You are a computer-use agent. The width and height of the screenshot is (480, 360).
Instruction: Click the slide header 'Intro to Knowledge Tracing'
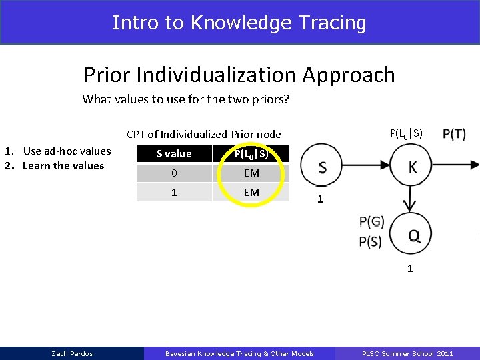(239, 23)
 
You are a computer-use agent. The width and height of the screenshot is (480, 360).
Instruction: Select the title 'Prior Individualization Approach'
(239, 75)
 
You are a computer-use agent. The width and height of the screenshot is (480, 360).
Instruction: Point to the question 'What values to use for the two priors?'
(185, 99)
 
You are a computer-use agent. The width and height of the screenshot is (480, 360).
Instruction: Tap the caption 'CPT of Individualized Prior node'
(203, 134)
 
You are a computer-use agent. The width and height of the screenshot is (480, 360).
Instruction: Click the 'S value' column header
(174, 154)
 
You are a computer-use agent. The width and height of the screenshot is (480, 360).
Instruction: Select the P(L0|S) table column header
(251, 154)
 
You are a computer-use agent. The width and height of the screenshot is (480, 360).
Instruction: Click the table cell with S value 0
(174, 173)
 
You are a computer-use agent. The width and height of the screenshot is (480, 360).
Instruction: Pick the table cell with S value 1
(174, 192)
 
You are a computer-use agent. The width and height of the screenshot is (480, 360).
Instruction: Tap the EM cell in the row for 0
(251, 173)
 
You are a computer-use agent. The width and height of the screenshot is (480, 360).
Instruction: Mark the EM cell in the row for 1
(251, 192)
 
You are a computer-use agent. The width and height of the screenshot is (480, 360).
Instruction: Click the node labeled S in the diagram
(322, 167)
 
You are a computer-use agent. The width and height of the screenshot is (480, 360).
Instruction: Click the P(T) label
(454, 134)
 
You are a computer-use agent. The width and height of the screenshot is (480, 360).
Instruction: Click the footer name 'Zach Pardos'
(72, 353)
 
